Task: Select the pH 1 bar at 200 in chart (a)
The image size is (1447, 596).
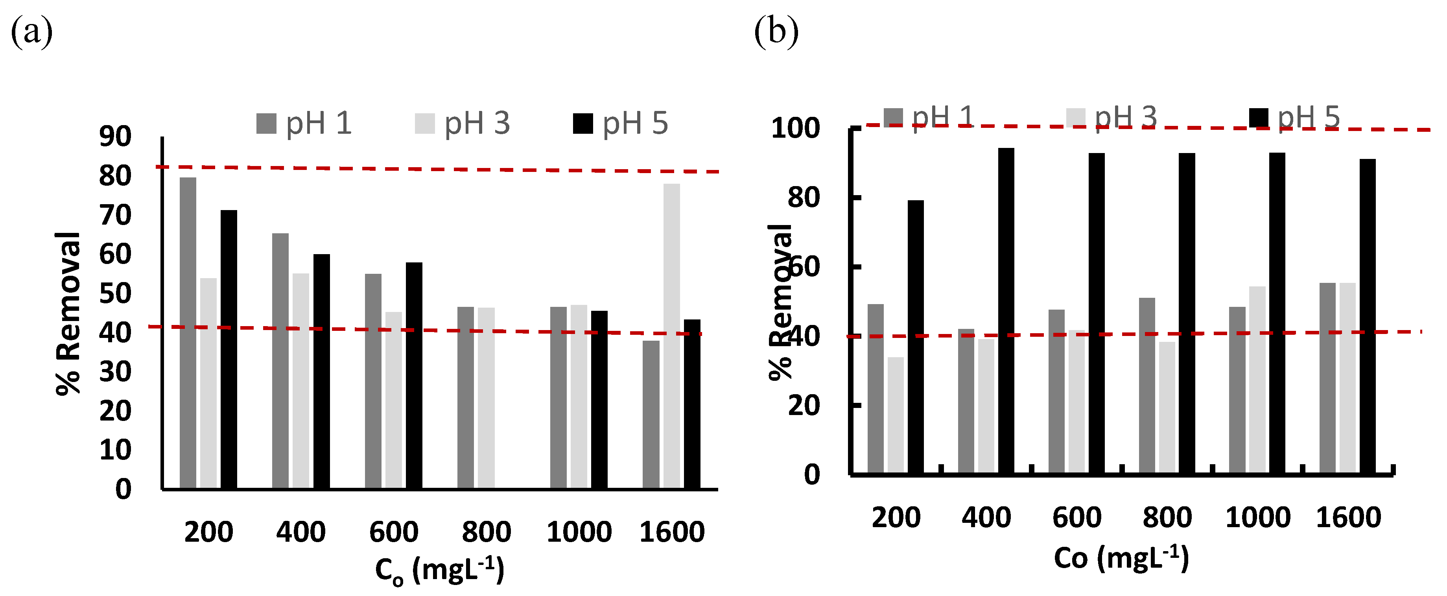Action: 188,331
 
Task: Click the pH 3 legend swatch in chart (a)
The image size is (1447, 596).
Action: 425,124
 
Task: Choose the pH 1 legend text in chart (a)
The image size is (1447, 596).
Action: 319,124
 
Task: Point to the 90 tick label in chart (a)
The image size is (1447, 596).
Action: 115,137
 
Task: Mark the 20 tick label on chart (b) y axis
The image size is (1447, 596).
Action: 803,405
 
